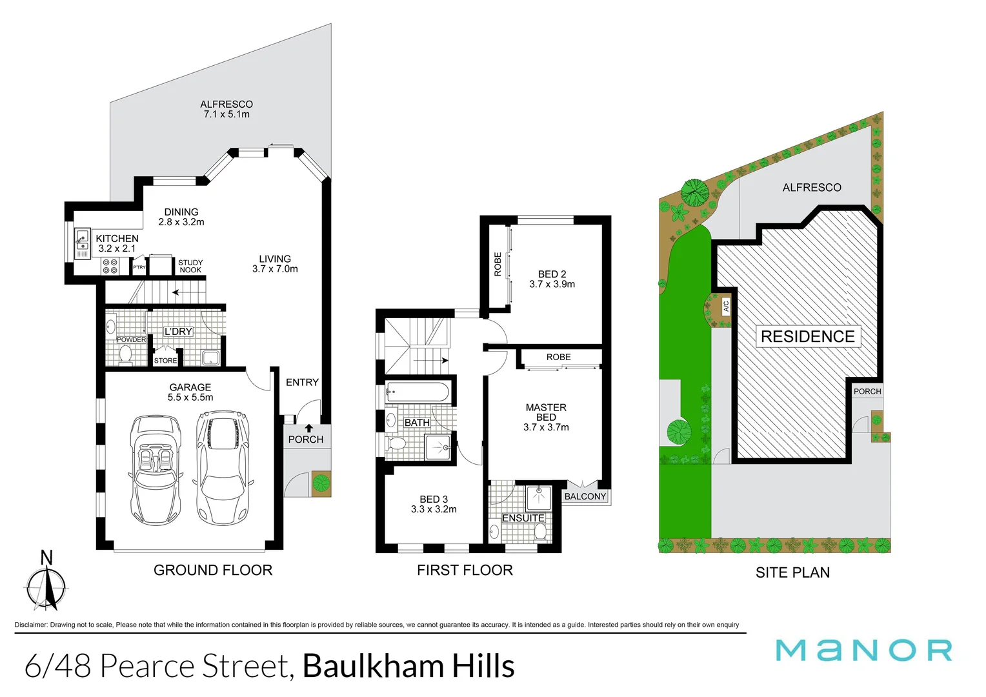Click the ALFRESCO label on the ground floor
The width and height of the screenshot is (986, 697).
226,105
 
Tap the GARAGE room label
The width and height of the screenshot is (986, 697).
190,387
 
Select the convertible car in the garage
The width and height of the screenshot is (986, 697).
156,469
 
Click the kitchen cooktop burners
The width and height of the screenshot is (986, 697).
110,266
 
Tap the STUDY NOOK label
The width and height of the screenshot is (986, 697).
190,266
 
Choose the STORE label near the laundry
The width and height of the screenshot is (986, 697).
165,361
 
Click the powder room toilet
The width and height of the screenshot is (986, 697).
125,354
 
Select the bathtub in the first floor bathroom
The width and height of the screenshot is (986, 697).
418,392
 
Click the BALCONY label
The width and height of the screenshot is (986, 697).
585,496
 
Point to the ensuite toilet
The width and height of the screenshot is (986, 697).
540,532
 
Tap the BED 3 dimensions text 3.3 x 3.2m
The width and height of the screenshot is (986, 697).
434,509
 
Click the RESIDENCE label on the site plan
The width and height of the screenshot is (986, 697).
807,336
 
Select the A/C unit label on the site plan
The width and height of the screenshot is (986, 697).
725,306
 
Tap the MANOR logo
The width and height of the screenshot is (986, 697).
864,650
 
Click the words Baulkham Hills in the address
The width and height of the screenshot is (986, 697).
408,666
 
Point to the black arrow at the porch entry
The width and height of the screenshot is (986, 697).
309,428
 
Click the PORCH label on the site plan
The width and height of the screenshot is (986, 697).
867,391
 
